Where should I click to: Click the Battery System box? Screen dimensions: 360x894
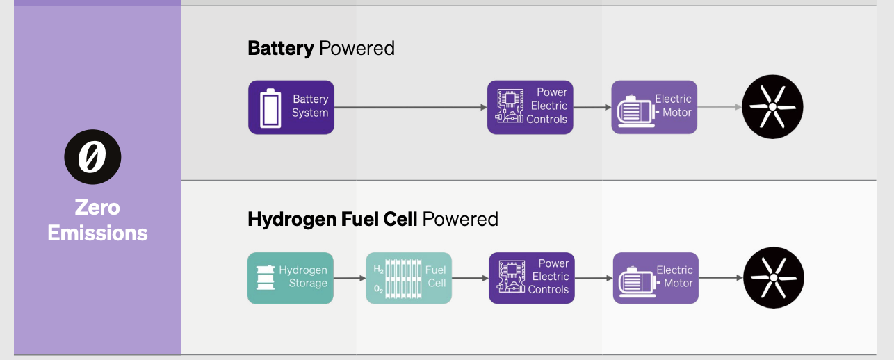point(291,107)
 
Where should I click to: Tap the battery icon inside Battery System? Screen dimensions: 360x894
point(270,108)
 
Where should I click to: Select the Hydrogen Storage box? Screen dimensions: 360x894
point(291,278)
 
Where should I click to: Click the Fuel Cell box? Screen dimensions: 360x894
point(409,278)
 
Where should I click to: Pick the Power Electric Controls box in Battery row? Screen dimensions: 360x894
point(530,107)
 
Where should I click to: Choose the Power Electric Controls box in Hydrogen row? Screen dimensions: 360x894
point(532,278)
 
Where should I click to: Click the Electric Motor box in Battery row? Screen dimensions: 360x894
point(654,107)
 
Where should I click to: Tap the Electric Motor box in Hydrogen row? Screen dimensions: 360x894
point(656,278)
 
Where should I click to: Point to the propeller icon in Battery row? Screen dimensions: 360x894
point(772,107)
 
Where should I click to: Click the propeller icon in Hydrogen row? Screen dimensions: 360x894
point(774,277)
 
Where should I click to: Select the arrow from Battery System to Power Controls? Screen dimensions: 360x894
point(410,107)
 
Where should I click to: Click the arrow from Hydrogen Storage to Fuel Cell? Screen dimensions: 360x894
point(350,278)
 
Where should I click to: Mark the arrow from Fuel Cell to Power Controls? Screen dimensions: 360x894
point(470,278)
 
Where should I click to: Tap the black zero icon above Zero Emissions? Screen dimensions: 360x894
point(92,156)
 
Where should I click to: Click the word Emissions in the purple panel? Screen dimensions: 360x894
point(97,233)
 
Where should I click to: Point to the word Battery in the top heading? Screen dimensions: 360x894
point(280,48)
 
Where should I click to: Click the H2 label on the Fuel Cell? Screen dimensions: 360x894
point(378,269)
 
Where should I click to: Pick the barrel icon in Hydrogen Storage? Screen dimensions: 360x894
point(265,277)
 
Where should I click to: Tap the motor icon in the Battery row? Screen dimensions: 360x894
point(634,110)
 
